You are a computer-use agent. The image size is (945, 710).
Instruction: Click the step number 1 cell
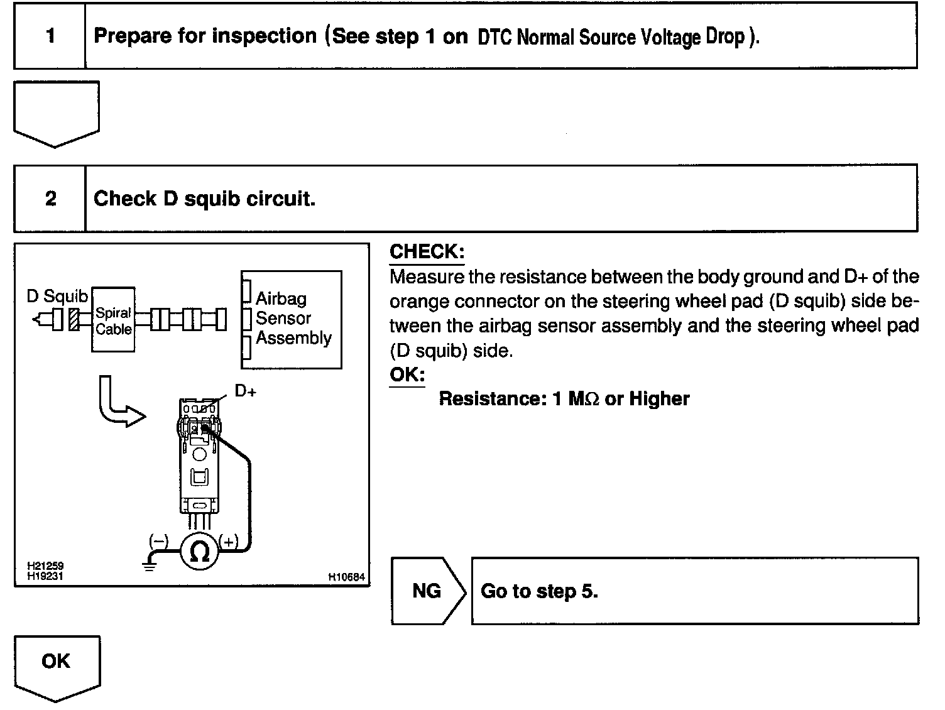[50, 36]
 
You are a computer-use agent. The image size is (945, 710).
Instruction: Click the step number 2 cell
[50, 199]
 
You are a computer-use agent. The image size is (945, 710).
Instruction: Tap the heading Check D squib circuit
[204, 199]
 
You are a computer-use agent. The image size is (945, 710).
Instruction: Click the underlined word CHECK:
[427, 252]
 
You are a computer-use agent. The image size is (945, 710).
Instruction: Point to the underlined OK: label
[407, 375]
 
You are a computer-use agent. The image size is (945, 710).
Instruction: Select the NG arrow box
[427, 591]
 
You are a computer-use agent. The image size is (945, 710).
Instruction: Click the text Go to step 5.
[539, 591]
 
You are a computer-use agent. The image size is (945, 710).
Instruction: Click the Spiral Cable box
[113, 320]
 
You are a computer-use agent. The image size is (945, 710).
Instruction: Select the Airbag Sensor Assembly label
[293, 319]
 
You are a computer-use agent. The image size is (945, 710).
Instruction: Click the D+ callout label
[245, 391]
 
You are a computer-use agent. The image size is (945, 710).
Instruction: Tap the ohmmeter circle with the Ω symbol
[200, 552]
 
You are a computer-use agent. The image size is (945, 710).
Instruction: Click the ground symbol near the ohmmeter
[150, 564]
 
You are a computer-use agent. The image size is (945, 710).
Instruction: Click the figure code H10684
[346, 576]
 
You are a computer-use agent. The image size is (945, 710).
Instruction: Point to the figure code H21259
[45, 566]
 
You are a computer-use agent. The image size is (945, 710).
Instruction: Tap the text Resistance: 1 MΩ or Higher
[564, 399]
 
